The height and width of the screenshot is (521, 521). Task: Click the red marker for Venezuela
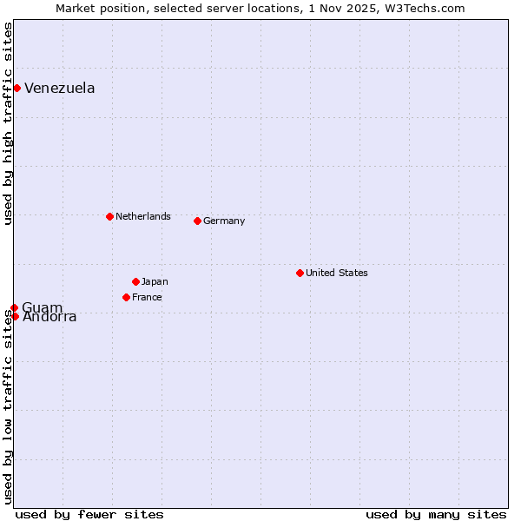click(x=16, y=88)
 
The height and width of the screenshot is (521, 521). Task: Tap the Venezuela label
click(x=59, y=89)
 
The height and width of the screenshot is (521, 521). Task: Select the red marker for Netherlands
click(x=109, y=216)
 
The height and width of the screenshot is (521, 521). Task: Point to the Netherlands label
click(x=142, y=216)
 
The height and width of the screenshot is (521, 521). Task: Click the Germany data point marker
click(x=197, y=221)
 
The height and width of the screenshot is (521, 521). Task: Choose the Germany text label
click(x=224, y=221)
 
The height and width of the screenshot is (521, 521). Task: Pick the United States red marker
click(x=300, y=273)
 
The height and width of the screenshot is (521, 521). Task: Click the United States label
click(x=336, y=273)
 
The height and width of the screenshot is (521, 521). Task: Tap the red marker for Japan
click(x=135, y=281)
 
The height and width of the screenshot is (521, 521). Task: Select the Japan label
click(x=155, y=281)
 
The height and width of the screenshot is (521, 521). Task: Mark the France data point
click(x=126, y=297)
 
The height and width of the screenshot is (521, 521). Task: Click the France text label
click(x=147, y=297)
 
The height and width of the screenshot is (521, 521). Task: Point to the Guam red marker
click(x=15, y=307)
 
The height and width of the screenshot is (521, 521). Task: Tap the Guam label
click(x=43, y=308)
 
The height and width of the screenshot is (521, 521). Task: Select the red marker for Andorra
click(x=15, y=316)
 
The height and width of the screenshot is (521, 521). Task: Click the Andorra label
click(x=49, y=318)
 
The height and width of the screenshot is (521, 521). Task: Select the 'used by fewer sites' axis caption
click(x=89, y=514)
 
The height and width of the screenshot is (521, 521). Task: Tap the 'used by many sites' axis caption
click(x=436, y=514)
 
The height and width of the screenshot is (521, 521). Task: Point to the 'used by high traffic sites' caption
click(x=8, y=123)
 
